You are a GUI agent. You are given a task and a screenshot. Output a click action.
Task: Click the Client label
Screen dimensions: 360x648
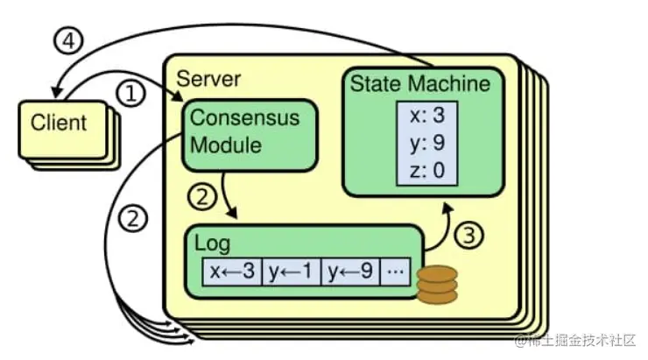pyautogui.click(x=60, y=123)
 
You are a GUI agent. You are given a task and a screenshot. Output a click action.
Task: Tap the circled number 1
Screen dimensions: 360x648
pyautogui.click(x=130, y=94)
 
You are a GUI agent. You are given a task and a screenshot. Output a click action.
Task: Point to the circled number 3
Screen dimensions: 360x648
pyautogui.click(x=471, y=235)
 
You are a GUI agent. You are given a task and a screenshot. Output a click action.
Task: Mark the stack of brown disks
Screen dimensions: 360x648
pyautogui.click(x=437, y=286)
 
